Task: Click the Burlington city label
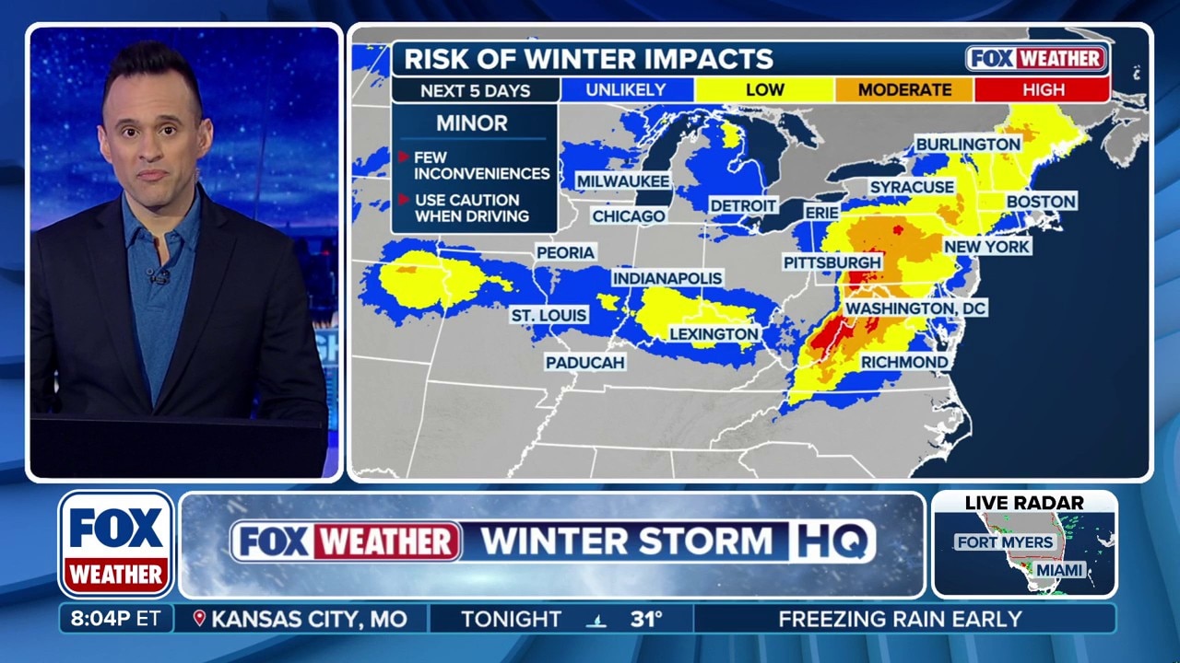(968, 145)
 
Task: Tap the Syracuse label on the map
(912, 187)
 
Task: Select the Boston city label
(1041, 201)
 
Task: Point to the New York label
(986, 247)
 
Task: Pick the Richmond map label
(904, 362)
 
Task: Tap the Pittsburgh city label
(832, 262)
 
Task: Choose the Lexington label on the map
(714, 333)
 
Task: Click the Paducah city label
(585, 362)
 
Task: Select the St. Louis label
(549, 315)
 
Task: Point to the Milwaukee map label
(622, 181)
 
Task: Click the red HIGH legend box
(1043, 89)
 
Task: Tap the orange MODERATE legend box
(904, 89)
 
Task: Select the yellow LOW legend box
(765, 89)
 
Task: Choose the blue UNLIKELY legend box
(627, 89)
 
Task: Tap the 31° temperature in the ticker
(646, 619)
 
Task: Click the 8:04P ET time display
(115, 619)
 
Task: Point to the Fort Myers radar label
(1004, 541)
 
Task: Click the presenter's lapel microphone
(160, 277)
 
